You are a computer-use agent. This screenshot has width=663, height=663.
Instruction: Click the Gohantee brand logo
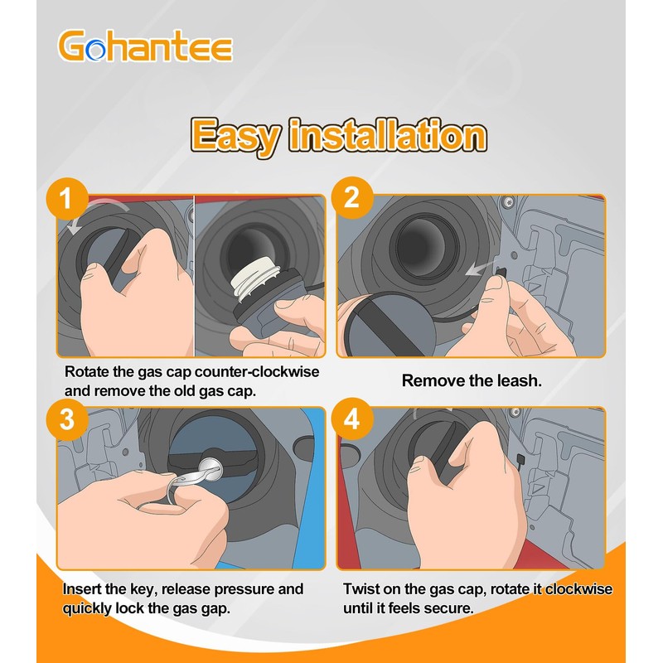[145, 46]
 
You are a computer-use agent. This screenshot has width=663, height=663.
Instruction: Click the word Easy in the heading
[235, 136]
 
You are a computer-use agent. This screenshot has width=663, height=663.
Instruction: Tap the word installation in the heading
[387, 135]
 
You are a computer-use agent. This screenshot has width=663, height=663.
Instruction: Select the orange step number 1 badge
[67, 198]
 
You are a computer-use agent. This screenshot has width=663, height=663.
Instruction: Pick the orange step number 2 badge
[352, 197]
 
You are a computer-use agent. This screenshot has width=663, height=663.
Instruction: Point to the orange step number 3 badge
[67, 419]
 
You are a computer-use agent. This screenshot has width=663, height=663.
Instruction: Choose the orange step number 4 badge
[352, 419]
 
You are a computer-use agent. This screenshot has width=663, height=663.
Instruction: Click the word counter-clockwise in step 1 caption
[257, 371]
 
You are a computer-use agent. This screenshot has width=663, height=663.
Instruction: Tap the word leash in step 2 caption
[519, 380]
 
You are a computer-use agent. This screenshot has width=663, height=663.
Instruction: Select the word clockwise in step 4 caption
[578, 589]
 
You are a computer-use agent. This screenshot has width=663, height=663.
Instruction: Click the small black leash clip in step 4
[520, 459]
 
